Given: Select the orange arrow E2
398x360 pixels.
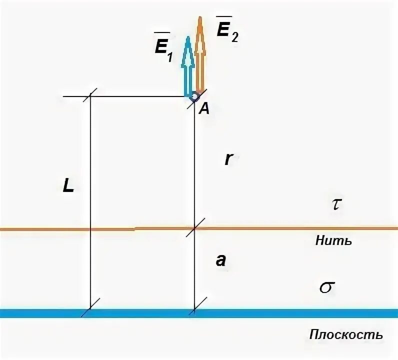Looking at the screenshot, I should (x=200, y=57).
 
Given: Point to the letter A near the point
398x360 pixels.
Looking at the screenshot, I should (x=203, y=109).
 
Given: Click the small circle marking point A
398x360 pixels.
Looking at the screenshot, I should (x=193, y=95).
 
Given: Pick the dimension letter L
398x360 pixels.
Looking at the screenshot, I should (x=68, y=186).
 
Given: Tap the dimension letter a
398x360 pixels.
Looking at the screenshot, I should (x=221, y=260).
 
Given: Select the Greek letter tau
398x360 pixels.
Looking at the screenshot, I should (x=336, y=205).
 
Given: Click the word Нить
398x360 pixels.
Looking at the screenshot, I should (x=334, y=241).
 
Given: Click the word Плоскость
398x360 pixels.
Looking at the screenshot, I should (x=346, y=334).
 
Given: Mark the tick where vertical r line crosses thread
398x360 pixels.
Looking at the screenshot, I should (x=194, y=228).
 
